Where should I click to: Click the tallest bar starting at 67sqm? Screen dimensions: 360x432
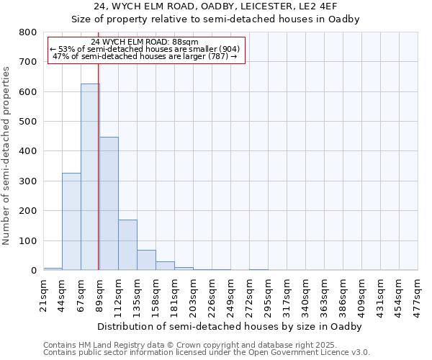90,177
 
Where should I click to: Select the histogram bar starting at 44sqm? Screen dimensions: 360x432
71,222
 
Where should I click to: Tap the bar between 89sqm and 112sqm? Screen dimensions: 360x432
109,204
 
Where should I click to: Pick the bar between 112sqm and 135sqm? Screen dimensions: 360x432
127,245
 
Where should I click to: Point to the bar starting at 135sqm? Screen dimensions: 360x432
146,260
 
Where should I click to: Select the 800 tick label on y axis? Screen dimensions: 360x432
27,32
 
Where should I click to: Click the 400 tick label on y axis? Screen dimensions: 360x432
27,151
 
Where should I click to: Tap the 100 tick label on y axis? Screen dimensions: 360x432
27,240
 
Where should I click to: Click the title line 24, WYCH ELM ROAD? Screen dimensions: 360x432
215,6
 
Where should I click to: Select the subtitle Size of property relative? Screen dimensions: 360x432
215,19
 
